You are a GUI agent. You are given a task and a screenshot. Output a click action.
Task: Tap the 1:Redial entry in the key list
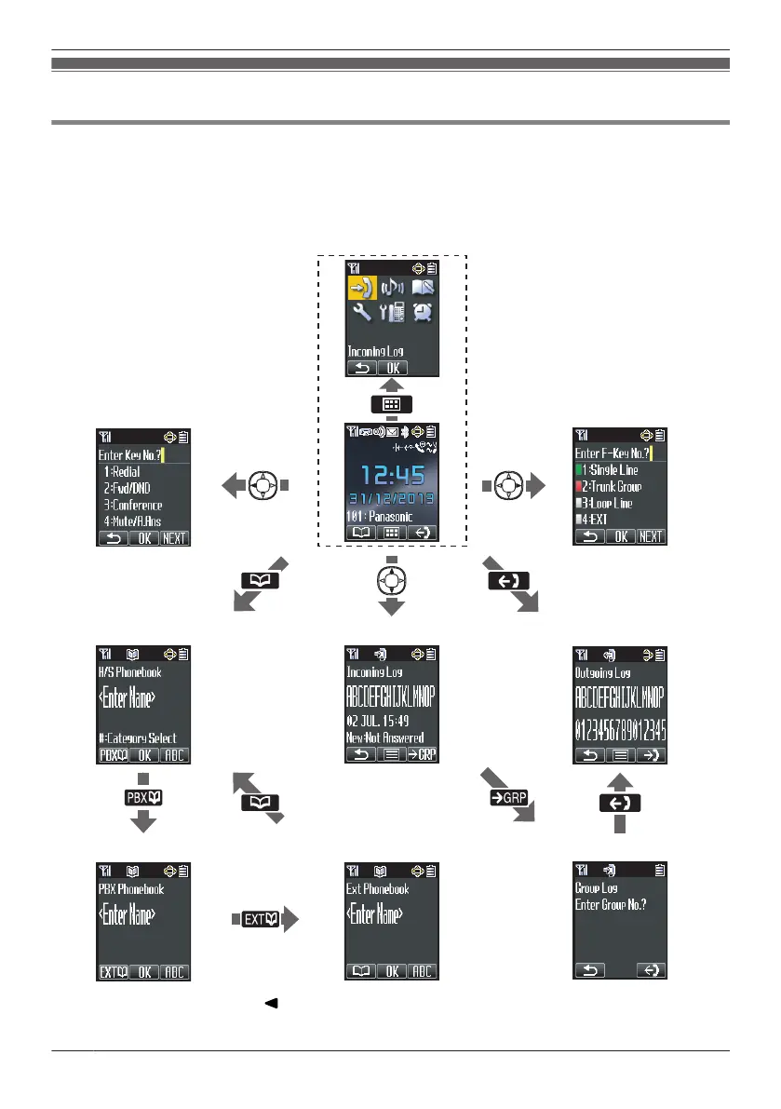point(135,472)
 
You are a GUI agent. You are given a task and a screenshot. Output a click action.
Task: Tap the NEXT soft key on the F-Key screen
point(651,536)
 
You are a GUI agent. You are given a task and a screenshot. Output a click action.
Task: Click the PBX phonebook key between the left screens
point(143,798)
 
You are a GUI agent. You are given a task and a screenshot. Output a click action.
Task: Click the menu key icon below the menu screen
point(392,404)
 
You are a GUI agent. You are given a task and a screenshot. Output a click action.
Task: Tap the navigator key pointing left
point(265,486)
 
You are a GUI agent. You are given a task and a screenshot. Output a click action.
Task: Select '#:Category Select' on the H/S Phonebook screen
point(140,738)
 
